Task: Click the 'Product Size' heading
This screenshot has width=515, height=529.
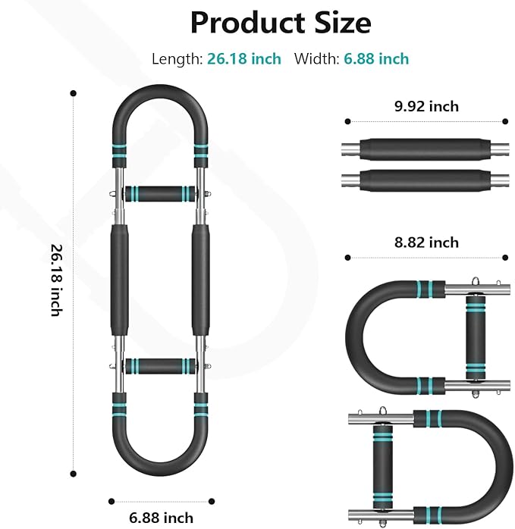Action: tap(281, 23)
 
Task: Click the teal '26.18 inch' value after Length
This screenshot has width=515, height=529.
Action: tap(244, 58)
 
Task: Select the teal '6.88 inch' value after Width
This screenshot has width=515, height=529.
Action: tap(376, 58)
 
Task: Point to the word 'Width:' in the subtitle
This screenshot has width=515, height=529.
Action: tap(317, 58)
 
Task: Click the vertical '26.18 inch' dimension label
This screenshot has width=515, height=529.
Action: tap(56, 280)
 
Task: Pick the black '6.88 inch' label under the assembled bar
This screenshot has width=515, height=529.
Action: tap(161, 518)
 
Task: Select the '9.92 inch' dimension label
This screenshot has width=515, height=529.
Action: tap(426, 106)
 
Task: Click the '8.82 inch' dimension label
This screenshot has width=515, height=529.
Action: tap(426, 243)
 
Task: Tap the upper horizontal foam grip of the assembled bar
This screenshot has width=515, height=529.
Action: tap(160, 194)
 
